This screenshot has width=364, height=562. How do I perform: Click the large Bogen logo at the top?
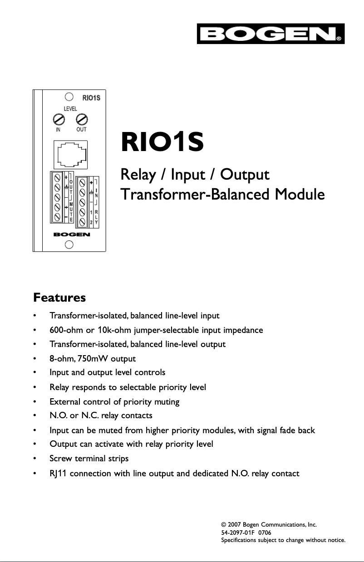271,34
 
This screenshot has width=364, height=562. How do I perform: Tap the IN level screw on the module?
58,120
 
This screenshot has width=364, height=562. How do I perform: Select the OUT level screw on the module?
81,120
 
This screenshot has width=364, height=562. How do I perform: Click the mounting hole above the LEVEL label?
69,97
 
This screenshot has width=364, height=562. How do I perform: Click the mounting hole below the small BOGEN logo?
69,245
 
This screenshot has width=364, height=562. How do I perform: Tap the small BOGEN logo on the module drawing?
71,235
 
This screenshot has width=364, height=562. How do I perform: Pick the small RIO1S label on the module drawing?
91,97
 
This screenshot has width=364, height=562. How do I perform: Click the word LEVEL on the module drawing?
70,109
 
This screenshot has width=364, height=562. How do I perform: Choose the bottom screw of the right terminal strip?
82,222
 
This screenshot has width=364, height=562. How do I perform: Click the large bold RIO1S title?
162,142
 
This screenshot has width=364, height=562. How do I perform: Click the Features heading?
59,298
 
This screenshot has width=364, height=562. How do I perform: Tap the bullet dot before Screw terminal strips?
35,459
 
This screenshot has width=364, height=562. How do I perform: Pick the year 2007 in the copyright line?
231,525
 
